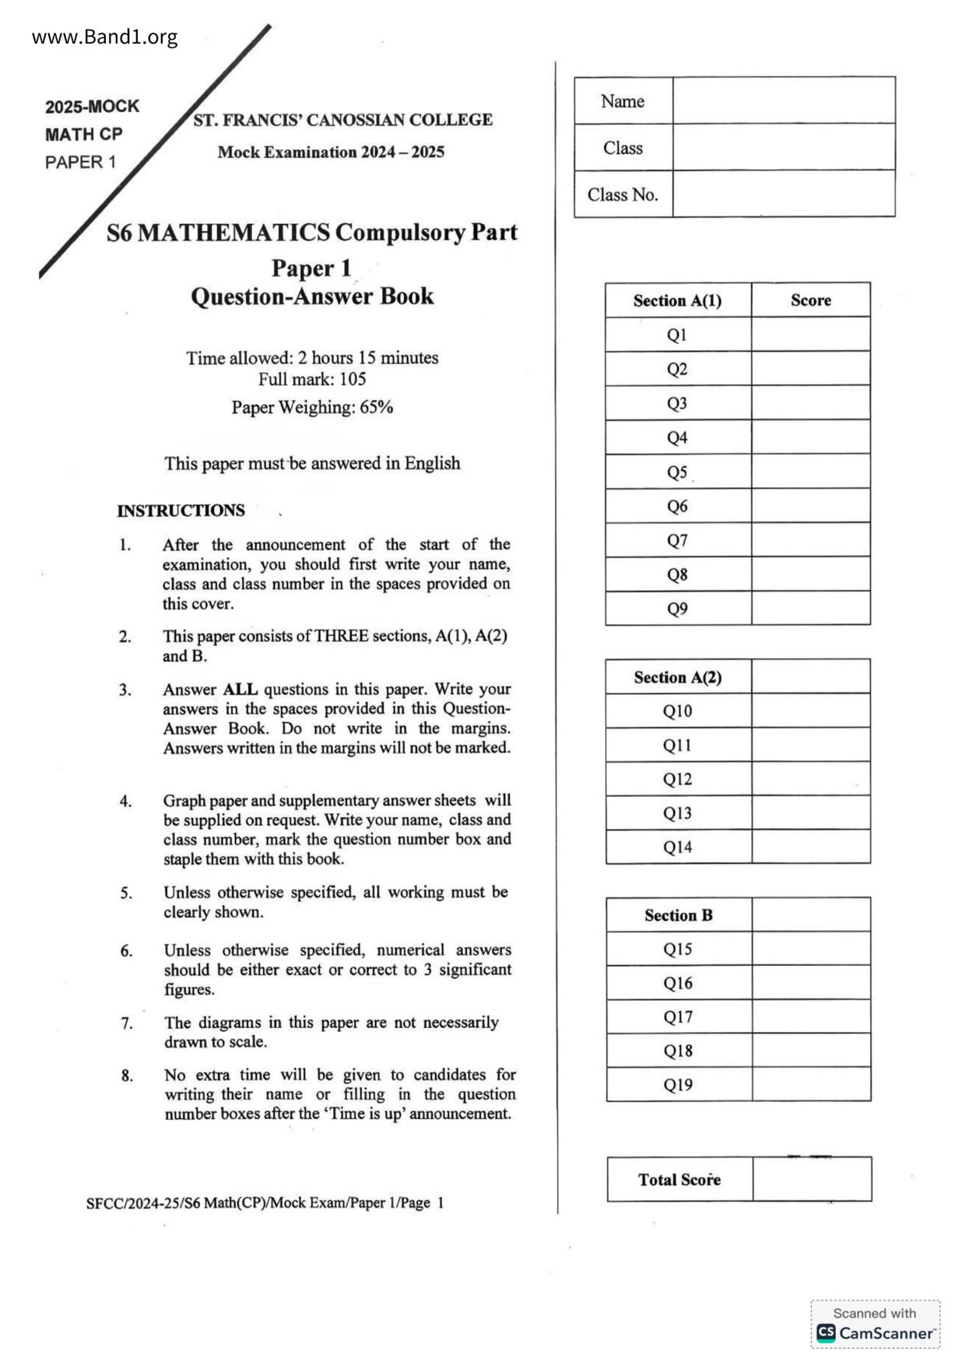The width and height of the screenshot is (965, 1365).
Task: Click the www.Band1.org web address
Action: pos(104,37)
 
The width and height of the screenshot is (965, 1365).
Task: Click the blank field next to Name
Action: pos(783,100)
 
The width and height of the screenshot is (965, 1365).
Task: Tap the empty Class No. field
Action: pos(783,194)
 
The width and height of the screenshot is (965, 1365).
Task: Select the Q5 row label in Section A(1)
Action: pos(677,472)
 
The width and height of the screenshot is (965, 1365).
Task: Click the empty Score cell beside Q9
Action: pos(810,609)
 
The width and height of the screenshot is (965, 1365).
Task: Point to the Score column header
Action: pos(810,300)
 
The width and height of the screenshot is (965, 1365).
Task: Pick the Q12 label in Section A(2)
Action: pos(677,779)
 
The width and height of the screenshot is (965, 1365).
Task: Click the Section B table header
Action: pos(678,915)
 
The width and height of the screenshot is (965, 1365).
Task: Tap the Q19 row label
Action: pos(678,1084)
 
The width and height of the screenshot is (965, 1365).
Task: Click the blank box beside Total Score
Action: pos(812,1179)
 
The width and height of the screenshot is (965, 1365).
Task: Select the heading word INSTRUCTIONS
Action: pos(181,511)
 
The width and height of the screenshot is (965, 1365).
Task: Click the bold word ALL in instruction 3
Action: pos(240,690)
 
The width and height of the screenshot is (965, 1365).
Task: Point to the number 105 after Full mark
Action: pos(353,380)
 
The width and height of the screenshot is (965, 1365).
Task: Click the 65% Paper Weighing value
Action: pos(377,407)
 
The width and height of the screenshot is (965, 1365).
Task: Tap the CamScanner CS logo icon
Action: pos(826,1333)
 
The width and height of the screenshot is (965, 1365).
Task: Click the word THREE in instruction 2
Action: pos(342,636)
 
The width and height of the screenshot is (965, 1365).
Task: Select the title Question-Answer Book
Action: pos(312,297)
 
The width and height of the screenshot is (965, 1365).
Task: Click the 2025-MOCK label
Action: pos(92,107)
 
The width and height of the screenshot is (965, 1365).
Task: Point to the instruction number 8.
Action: pos(127,1076)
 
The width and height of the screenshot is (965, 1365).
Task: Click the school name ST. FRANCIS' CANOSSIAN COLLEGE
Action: pos(342,120)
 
